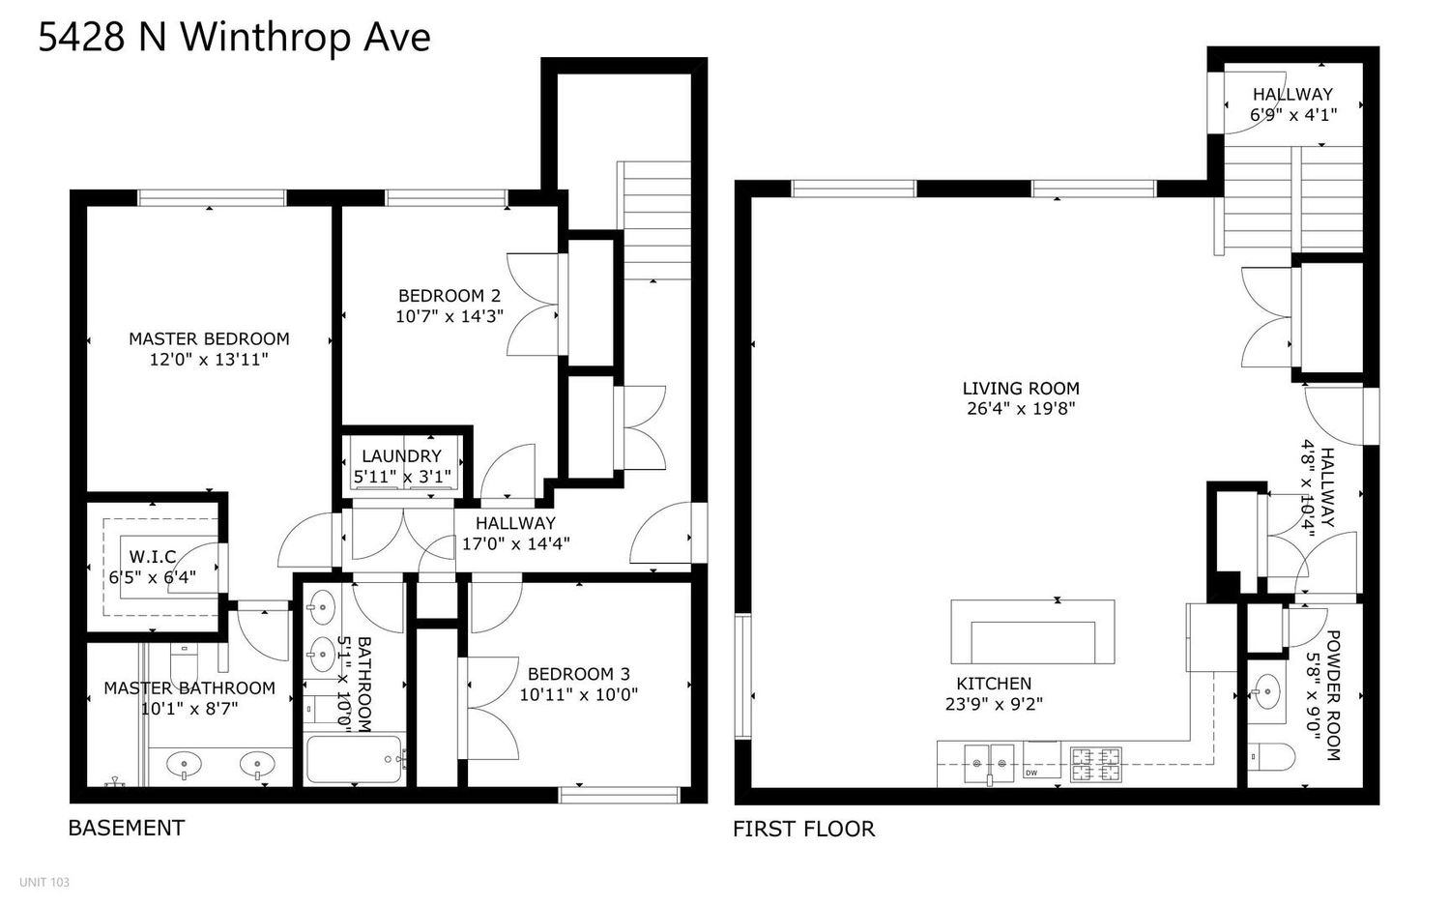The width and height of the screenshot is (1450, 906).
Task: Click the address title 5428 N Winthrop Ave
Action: [x=234, y=39]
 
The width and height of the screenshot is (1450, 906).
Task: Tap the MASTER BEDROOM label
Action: [x=209, y=338]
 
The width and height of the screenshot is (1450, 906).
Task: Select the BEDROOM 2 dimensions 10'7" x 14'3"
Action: [x=449, y=316]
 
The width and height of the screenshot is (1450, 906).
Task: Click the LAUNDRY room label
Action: [x=401, y=455]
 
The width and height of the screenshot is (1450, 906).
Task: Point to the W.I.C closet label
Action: [x=153, y=557]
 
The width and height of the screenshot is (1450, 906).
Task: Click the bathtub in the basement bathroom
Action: [x=354, y=760]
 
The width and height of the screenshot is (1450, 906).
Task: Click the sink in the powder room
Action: [x=1263, y=691]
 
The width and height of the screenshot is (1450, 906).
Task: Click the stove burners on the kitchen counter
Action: [x=1095, y=762]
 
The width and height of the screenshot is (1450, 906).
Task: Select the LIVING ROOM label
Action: [x=1021, y=388]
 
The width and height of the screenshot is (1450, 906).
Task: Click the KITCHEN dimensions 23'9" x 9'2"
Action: [x=994, y=705]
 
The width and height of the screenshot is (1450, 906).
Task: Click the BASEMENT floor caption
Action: [x=126, y=828]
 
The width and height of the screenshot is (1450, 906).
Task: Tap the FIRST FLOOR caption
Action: [x=803, y=829]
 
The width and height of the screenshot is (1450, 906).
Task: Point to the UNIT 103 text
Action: [x=44, y=882]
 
